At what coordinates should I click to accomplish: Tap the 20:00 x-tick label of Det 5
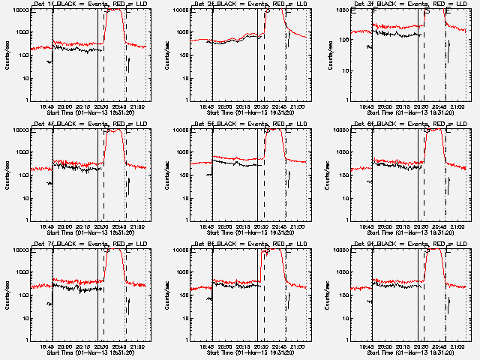click(228, 226)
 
